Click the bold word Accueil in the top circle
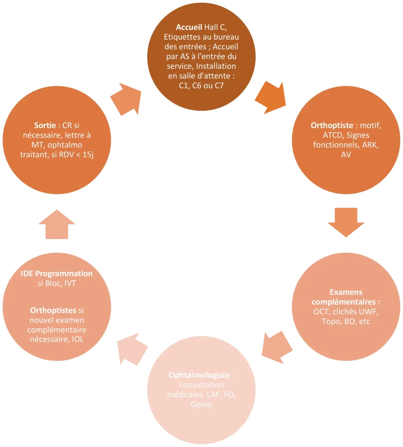[189, 27]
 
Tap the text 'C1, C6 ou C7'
[201, 86]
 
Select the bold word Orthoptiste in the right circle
[332, 125]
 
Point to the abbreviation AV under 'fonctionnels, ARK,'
[346, 155]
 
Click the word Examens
[346, 292]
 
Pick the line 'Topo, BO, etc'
[346, 321]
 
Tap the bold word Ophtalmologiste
[199, 375]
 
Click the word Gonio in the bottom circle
[201, 404]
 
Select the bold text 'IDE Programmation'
[57, 274]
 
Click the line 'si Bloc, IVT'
[57, 283]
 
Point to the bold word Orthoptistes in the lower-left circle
[53, 310]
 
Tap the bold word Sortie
[45, 125]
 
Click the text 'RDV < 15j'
[76, 155]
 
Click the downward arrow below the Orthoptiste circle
[346, 222]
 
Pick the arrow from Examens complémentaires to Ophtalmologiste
[277, 347]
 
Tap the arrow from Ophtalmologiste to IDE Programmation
[132, 349]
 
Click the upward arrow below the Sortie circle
[57, 224]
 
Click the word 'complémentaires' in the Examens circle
[344, 302]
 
